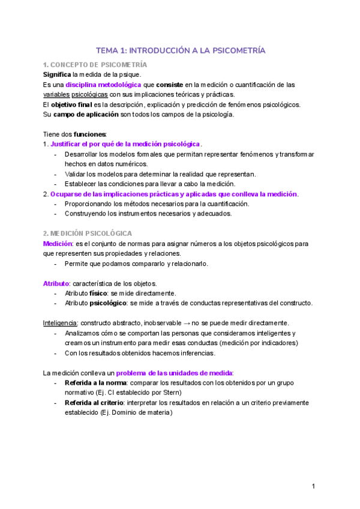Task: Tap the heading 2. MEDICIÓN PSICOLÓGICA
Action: pos(88,233)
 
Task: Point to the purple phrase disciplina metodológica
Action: pos(103,85)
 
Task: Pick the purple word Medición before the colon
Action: pos(57,243)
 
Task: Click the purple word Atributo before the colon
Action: pos(56,283)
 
